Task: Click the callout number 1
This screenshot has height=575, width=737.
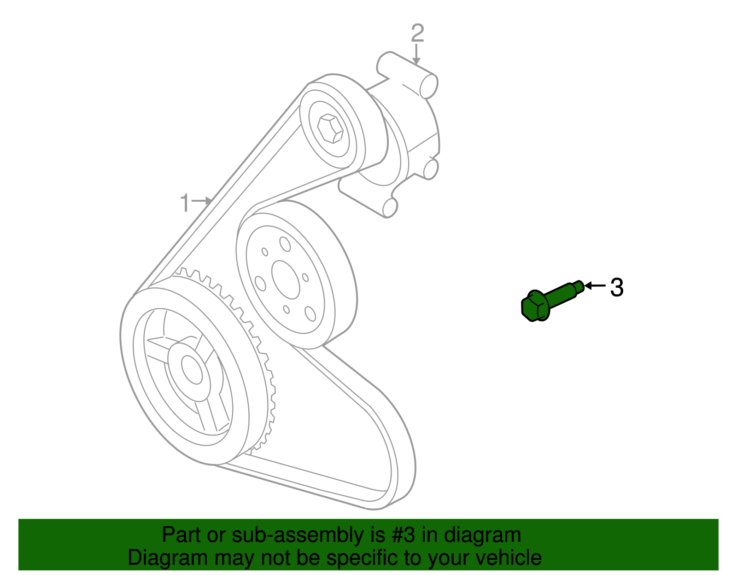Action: point(185,203)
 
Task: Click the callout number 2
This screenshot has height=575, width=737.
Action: point(417,33)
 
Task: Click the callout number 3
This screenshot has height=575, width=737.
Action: point(617,287)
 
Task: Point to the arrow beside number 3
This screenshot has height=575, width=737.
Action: point(595,286)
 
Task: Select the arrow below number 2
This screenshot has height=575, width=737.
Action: point(416,54)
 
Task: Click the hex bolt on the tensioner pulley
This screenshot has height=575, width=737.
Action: point(330,128)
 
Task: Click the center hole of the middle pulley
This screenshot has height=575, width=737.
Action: point(286,279)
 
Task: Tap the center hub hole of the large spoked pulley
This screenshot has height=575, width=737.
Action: point(192,369)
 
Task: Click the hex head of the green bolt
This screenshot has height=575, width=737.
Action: point(535,306)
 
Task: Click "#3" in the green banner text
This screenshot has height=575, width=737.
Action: point(403,535)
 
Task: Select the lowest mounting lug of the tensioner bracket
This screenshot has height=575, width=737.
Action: point(390,207)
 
